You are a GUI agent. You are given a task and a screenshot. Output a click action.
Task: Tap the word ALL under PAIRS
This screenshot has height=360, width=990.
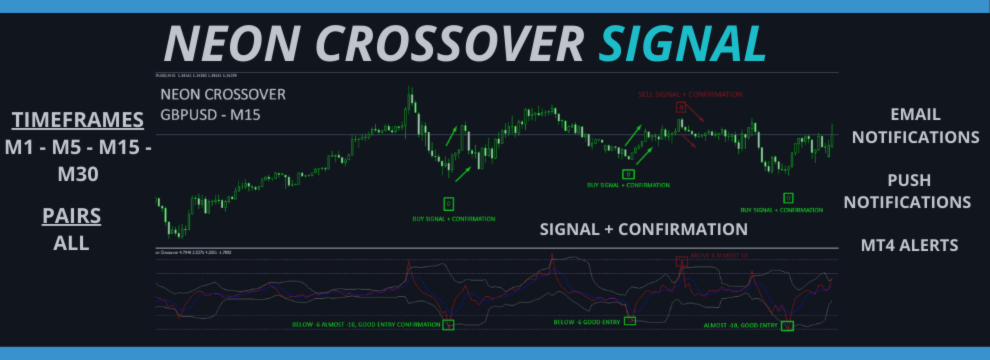pos(71,243)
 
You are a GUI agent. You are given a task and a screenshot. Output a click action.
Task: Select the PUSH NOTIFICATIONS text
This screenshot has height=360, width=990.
pos(908,191)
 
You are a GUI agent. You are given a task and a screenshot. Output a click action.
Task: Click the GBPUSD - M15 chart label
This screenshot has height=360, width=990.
pos(208,114)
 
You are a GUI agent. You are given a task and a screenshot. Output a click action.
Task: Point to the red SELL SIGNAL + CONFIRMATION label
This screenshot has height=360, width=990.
pos(690,94)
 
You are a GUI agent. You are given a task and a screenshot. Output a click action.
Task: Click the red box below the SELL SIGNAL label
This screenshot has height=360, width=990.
pos(680,107)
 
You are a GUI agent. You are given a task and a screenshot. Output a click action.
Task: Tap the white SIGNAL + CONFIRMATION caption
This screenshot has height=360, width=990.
pos(643,229)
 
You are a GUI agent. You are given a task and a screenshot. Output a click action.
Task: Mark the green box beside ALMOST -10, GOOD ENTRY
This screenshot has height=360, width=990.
pos(788,326)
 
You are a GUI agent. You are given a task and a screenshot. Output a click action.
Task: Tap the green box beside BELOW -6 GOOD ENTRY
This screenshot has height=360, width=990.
pos(630,321)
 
